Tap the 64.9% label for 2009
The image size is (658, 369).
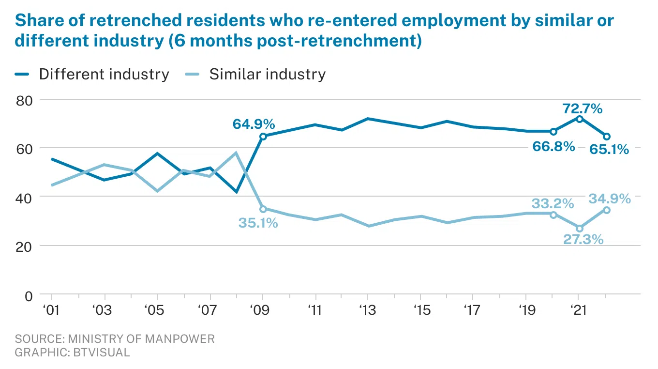tap(254, 124)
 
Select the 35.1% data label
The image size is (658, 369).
tap(258, 223)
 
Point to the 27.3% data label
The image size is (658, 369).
tap(583, 239)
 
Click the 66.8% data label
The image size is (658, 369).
tap(554, 146)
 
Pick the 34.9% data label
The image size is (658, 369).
tap(610, 199)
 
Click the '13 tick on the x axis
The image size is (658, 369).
tap(368, 309)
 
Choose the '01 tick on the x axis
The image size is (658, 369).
tap(51, 309)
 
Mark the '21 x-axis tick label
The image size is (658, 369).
tap(579, 309)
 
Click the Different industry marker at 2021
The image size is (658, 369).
tap(580, 119)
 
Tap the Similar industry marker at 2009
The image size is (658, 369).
tap(263, 209)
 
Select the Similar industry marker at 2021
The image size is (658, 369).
tap(580, 228)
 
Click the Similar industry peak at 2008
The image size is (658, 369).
tap(236, 153)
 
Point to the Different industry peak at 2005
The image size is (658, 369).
tap(157, 154)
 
